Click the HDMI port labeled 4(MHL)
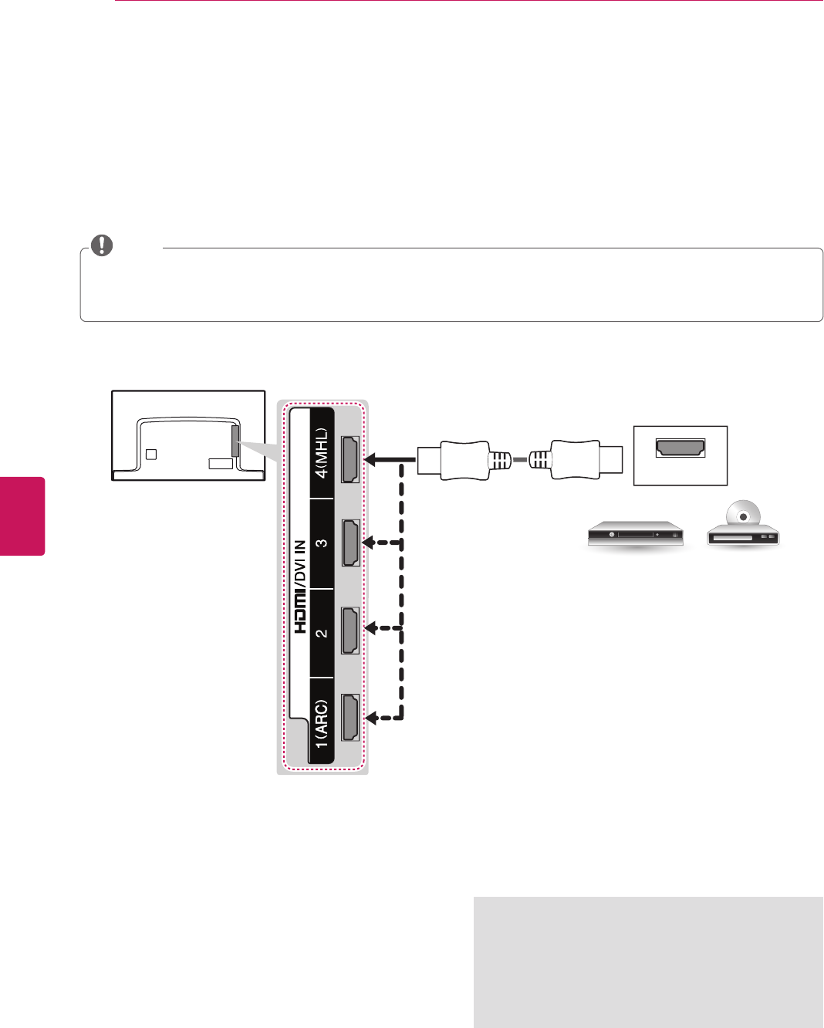tap(350, 459)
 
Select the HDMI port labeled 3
tap(350, 543)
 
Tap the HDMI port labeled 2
tap(350, 630)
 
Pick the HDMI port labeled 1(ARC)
tap(350, 718)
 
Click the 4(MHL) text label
tap(322, 453)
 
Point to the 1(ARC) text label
tap(322, 723)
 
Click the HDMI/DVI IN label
tap(301, 587)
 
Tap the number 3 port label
tap(322, 543)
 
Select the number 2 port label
tap(322, 633)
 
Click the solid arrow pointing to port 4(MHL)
tap(386, 459)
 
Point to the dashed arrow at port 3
tap(381, 543)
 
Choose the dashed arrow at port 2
tap(381, 629)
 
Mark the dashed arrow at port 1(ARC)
tap(381, 718)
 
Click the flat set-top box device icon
tap(635, 534)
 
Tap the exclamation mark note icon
tap(102, 246)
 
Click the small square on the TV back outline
tap(151, 454)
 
